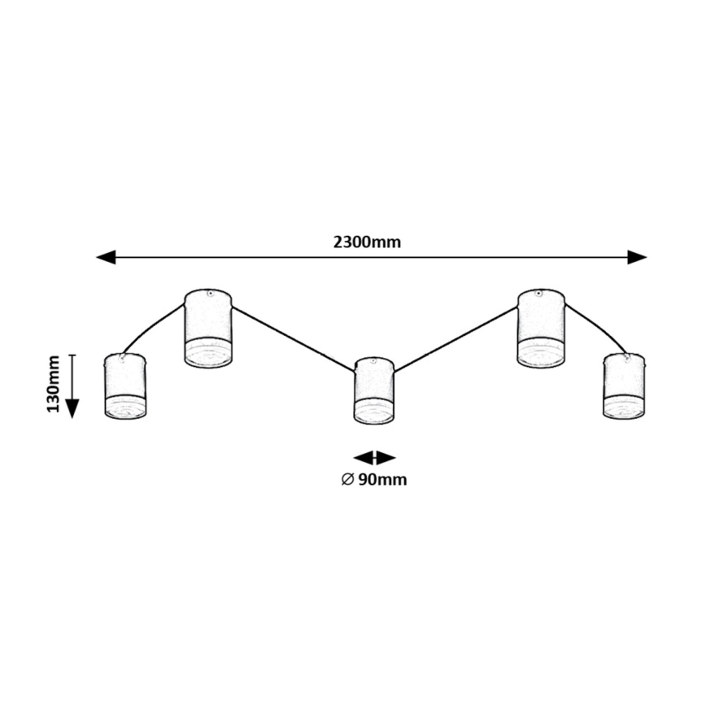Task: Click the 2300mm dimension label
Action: pyautogui.click(x=368, y=242)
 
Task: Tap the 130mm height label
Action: pyautogui.click(x=54, y=383)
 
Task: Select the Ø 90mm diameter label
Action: pyautogui.click(x=374, y=479)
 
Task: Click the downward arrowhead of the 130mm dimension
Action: pyautogui.click(x=72, y=406)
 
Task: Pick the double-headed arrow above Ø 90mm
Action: pyautogui.click(x=374, y=458)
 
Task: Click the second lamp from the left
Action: pyautogui.click(x=208, y=328)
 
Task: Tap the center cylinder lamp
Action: pyautogui.click(x=374, y=390)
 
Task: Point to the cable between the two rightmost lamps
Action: pyautogui.click(x=598, y=325)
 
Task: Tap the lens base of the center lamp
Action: pyautogui.click(x=374, y=412)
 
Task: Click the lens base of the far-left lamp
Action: pyautogui.click(x=125, y=407)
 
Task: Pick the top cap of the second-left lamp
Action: pyautogui.click(x=209, y=294)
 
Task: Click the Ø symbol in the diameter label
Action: pyautogui.click(x=346, y=479)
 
